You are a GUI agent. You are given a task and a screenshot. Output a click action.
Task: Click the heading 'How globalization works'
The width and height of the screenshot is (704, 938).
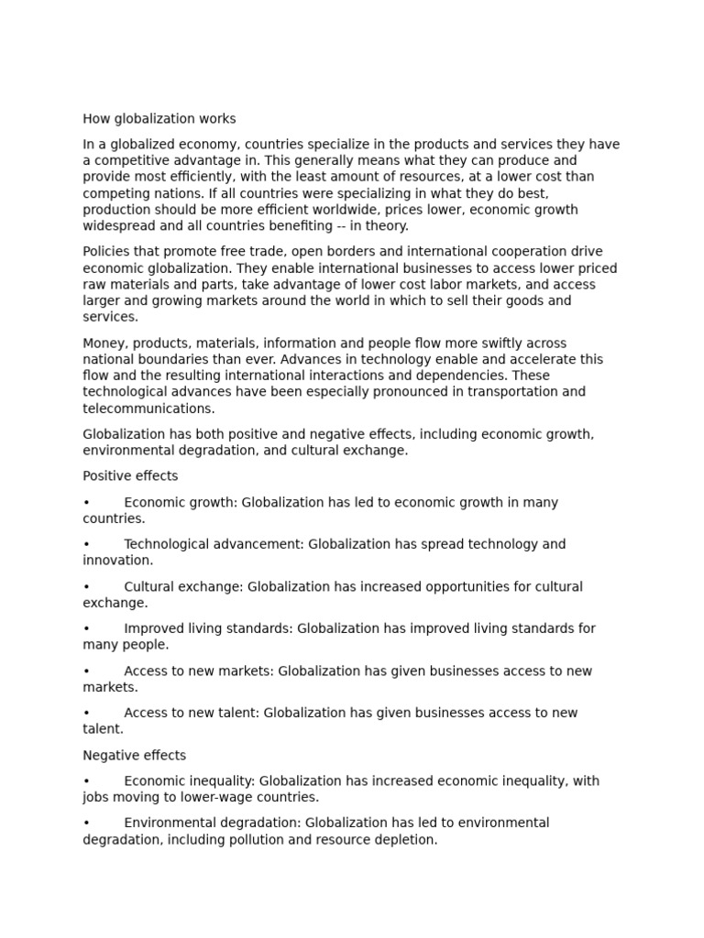pyautogui.click(x=159, y=119)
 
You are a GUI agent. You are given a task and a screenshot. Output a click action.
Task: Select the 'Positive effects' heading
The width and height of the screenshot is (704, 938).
pyautogui.click(x=130, y=476)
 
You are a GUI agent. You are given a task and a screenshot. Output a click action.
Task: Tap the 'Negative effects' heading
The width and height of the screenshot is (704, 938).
pyautogui.click(x=134, y=756)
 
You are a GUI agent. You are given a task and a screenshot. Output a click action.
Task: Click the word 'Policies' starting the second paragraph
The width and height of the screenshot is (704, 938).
pyautogui.click(x=107, y=252)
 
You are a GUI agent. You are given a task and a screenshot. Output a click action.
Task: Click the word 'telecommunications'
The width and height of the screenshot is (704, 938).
pyautogui.click(x=148, y=409)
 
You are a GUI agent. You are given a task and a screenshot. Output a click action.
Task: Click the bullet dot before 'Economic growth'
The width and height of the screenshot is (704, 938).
pyautogui.click(x=86, y=503)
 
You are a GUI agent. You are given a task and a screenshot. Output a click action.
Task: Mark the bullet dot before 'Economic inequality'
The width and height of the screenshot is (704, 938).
pyautogui.click(x=86, y=781)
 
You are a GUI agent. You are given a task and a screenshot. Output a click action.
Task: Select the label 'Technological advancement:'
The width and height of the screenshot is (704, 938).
pyautogui.click(x=214, y=544)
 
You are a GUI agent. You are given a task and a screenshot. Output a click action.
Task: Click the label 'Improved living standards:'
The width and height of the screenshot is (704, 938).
pyautogui.click(x=208, y=628)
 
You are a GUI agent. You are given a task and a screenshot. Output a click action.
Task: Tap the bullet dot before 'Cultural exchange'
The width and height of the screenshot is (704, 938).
pyautogui.click(x=86, y=587)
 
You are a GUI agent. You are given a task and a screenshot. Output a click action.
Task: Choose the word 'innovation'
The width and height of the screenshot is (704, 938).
pyautogui.click(x=117, y=561)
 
